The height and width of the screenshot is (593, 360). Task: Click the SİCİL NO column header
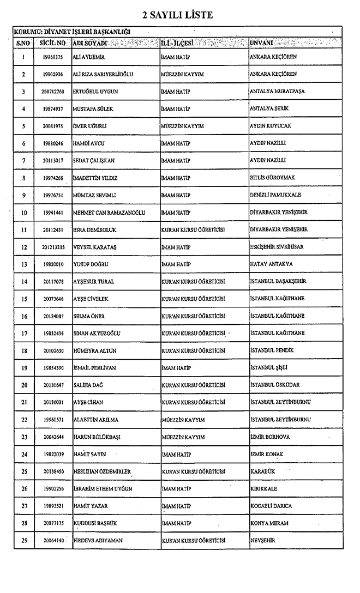pos(53,42)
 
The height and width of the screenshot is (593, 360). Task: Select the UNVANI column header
pos(261,42)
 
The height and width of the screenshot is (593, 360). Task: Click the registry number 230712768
pos(53,92)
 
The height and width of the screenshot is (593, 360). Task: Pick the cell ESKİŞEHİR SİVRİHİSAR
pos(277,247)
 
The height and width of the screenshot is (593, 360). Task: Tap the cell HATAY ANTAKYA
pos(271,264)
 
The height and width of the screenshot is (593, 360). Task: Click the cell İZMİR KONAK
pos(267,454)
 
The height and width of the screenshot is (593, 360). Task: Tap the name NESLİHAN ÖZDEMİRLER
pos(102,471)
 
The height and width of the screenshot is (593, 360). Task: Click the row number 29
pos(24,541)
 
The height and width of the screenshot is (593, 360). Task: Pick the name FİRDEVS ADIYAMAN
pos(98,541)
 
